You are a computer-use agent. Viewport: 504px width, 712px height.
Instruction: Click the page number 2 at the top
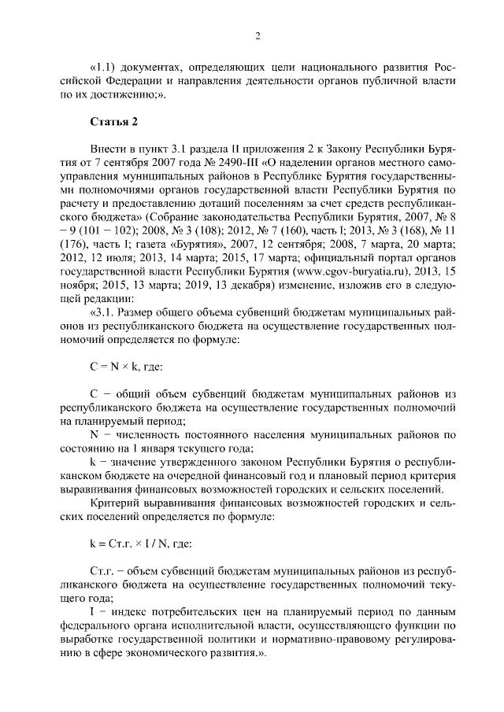click(258, 35)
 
